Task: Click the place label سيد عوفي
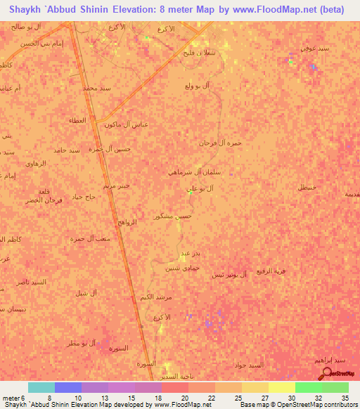point(312,50)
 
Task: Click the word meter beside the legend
point(11,398)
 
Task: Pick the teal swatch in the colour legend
point(41,387)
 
